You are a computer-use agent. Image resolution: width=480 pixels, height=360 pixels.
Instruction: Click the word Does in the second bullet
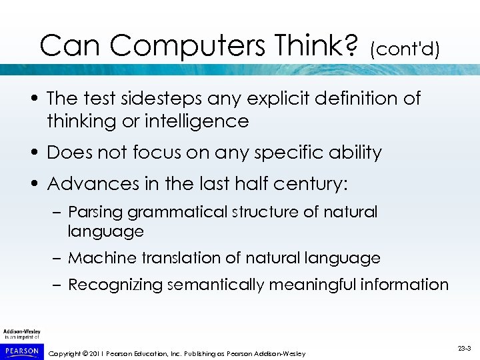69,153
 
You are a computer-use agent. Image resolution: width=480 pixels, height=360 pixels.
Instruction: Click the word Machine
99,258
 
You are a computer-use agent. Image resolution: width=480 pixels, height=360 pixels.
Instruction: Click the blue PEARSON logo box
21,350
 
